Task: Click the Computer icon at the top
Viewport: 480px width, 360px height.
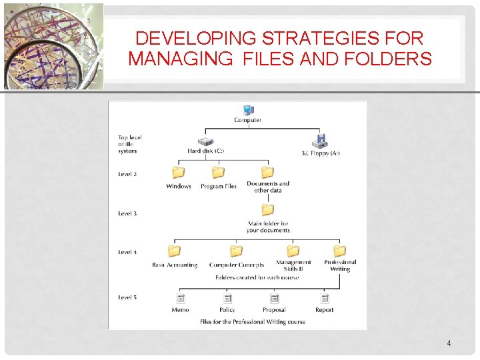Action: point(248,110)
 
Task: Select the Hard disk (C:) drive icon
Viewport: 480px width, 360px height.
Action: point(206,141)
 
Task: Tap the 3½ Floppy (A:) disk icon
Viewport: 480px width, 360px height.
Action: point(321,141)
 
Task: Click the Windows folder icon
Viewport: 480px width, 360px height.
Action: point(178,173)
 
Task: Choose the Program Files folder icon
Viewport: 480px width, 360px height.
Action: point(218,173)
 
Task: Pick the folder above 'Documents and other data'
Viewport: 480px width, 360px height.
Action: point(267,172)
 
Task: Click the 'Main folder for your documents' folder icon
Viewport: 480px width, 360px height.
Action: point(267,210)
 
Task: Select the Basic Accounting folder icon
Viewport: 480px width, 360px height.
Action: point(174,251)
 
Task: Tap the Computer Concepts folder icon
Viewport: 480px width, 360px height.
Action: point(236,251)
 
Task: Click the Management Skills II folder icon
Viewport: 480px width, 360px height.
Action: point(293,251)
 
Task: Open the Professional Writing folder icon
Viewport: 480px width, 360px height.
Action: point(339,251)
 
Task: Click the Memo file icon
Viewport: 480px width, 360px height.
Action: point(180,299)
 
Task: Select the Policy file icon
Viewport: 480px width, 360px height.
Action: point(227,299)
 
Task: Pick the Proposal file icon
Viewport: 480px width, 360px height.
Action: point(273,299)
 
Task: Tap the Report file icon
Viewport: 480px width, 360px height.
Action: point(325,299)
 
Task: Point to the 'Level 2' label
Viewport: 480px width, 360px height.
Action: point(127,175)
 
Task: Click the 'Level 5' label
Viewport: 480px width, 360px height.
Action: point(127,297)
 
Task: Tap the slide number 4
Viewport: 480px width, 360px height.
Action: point(449,343)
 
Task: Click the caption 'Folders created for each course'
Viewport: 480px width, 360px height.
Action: point(257,277)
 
